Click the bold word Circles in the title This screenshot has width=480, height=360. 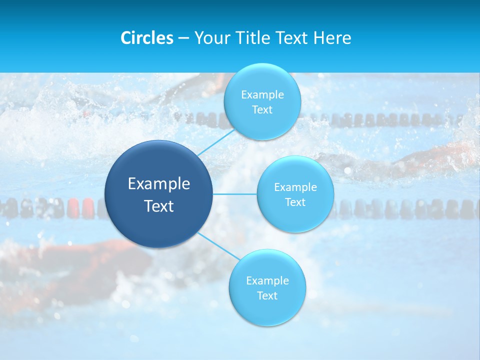[146, 38]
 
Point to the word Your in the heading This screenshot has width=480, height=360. [211, 38]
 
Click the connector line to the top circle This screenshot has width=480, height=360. [215, 142]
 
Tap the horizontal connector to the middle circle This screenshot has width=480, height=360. [235, 193]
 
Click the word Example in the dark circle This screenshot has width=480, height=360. [159, 184]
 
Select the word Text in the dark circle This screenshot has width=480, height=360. [159, 206]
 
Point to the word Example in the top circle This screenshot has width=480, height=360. [262, 94]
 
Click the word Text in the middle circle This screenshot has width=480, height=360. [295, 202]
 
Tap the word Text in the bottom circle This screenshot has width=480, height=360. [267, 295]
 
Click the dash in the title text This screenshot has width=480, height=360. [183, 38]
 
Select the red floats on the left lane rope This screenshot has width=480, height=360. [81, 207]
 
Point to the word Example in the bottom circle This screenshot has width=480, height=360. [267, 280]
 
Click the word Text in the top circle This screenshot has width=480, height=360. [262, 109]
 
